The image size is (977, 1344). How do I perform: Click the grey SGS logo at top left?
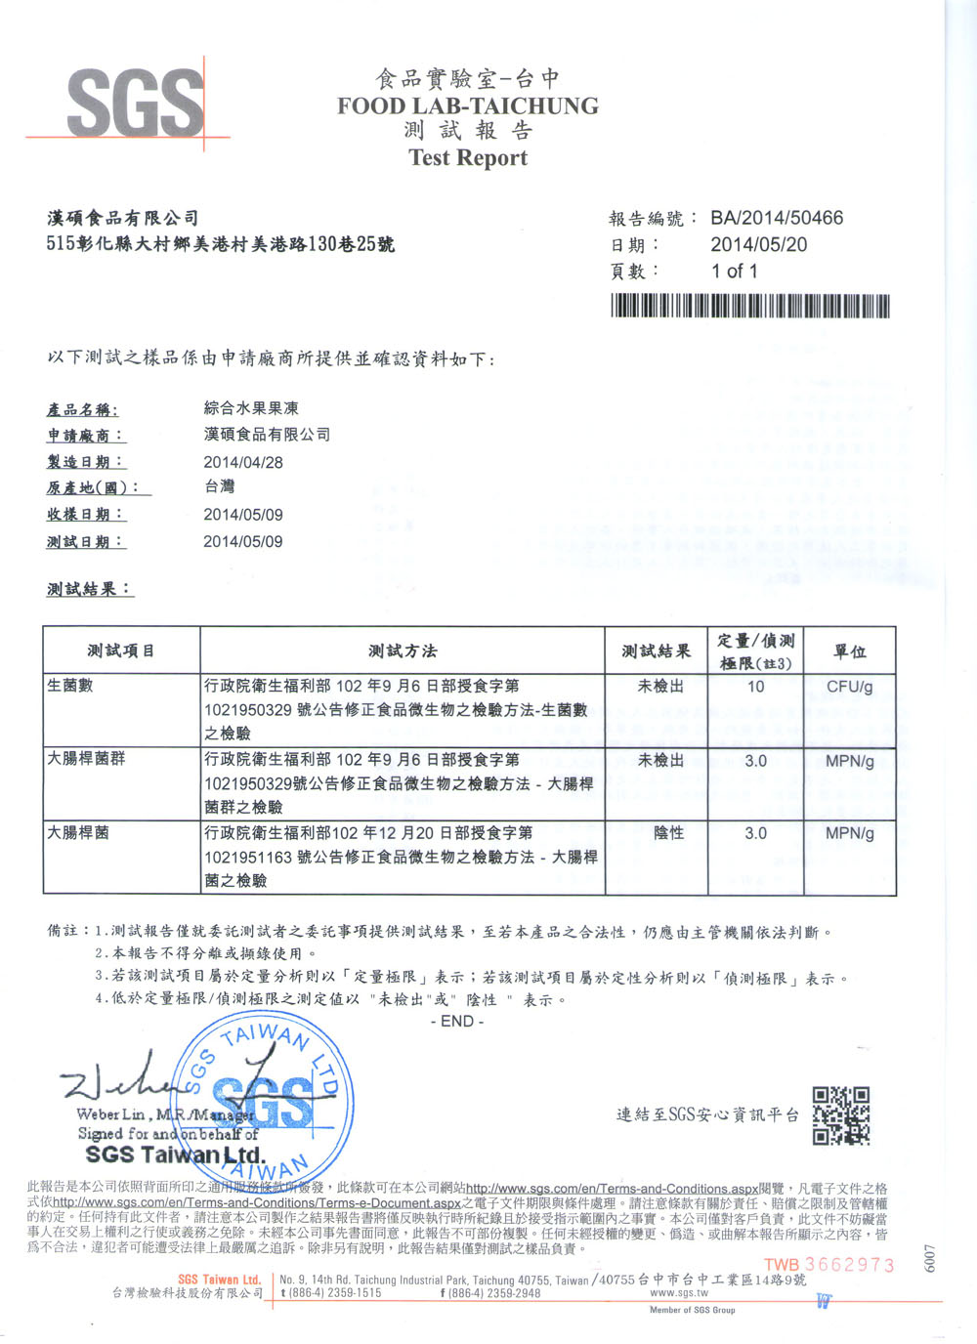pos(135,103)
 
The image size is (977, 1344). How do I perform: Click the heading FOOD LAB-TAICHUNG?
pos(468,105)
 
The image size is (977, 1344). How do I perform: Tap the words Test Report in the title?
pos(468,157)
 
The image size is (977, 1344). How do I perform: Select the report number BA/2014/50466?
pos(776,218)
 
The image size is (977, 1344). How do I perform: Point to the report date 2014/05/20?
pos(758,244)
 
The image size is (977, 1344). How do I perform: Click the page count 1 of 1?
pos(734,271)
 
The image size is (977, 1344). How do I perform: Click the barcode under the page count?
pos(749,307)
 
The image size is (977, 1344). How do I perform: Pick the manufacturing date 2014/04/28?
pos(242,462)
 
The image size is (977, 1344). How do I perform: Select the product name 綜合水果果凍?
pos(251,408)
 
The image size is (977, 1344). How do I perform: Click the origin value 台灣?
pos(219,486)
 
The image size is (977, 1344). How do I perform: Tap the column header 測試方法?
pos(403,651)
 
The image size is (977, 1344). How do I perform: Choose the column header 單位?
pos(849,651)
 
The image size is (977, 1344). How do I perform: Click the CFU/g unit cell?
pos(849,687)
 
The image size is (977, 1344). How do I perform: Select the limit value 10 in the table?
pos(755,687)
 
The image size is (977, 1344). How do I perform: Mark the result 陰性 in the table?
pos(668,833)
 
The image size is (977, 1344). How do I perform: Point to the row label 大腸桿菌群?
pos(86,758)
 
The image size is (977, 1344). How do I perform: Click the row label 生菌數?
pos(69,686)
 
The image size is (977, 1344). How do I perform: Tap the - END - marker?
pos(456,1021)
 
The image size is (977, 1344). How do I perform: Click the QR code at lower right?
pos(840,1114)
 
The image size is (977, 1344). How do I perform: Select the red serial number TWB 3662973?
pos(828,1265)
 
